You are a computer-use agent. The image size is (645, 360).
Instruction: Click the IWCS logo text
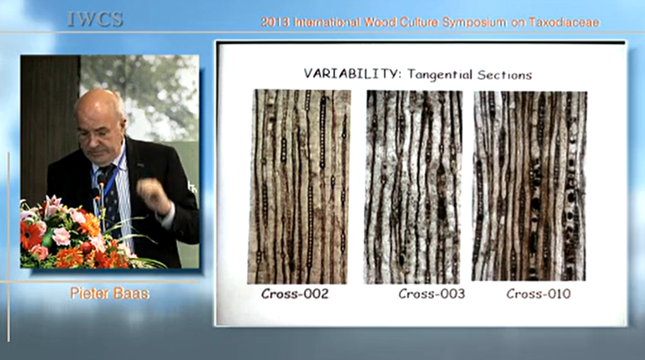[95, 20]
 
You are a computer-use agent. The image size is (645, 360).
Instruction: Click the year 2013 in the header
[275, 22]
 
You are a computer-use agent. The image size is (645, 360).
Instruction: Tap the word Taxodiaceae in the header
[563, 22]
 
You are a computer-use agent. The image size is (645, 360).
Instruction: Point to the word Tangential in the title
[439, 75]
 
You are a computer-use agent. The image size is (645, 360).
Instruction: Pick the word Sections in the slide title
[505, 75]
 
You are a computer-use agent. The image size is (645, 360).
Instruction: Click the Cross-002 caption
[295, 294]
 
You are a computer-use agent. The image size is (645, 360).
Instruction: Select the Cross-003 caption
[431, 294]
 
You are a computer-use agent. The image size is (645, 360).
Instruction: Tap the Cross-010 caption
[539, 294]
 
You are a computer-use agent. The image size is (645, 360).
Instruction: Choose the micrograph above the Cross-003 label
[413, 187]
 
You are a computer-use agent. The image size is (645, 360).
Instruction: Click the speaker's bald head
[99, 108]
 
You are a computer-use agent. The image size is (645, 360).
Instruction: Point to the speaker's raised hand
[153, 194]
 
